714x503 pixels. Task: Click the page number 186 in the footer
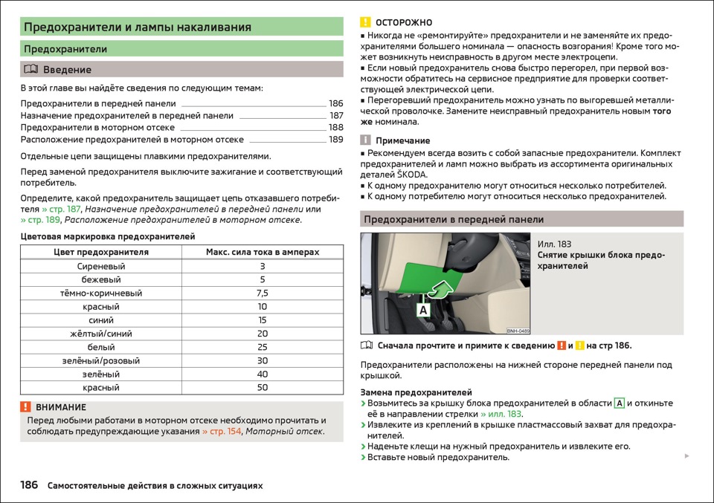(29, 485)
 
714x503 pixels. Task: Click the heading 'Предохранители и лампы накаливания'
(138, 27)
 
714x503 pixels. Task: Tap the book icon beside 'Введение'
(30, 70)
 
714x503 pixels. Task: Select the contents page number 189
(335, 140)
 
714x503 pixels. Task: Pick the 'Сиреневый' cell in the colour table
(101, 266)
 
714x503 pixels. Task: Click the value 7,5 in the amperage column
(262, 293)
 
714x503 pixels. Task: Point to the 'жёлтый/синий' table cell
(101, 334)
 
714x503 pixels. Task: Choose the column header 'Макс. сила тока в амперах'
(262, 253)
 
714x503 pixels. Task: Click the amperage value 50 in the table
(262, 388)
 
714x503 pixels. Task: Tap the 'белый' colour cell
(101, 347)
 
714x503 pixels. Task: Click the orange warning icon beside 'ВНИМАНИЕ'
(25, 407)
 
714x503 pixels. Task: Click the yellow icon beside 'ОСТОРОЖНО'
(365, 22)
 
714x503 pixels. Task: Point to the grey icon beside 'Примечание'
(365, 140)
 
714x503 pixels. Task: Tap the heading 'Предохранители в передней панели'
(453, 220)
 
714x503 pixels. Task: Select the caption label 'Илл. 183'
(554, 244)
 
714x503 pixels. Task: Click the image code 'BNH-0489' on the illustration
(518, 331)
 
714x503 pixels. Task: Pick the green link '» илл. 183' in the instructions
(501, 414)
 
